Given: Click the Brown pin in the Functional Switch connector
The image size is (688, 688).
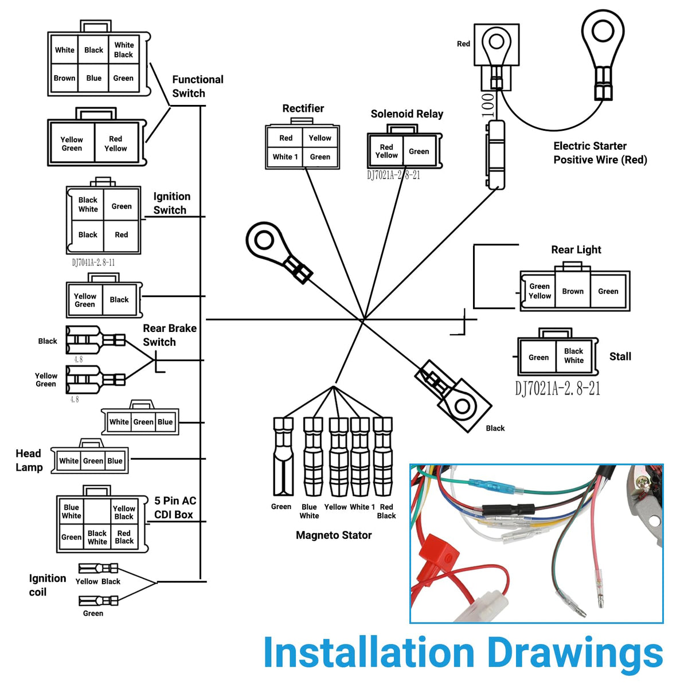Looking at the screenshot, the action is click(64, 78).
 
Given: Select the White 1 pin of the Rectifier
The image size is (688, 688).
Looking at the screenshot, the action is click(285, 157).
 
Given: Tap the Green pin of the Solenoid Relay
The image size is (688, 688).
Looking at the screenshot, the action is click(419, 151).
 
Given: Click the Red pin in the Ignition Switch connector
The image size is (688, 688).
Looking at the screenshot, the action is click(122, 235).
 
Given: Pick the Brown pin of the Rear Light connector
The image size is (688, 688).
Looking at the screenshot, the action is click(572, 291).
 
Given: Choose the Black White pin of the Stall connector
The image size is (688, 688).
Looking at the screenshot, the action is click(573, 356).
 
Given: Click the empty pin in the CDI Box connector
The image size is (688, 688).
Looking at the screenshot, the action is click(97, 511).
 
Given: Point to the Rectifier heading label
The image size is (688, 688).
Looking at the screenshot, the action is click(303, 108).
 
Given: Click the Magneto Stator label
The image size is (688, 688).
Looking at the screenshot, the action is click(334, 535).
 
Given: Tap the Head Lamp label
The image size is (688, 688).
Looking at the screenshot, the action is click(29, 460).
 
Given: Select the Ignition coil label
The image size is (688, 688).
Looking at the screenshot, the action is click(48, 585).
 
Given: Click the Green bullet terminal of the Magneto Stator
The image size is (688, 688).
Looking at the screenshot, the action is click(283, 456).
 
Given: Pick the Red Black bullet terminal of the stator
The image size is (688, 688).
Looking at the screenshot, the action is click(382, 456).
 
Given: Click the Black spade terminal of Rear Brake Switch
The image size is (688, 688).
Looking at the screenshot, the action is click(96, 340).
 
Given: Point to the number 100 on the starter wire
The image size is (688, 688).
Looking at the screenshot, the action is click(488, 105).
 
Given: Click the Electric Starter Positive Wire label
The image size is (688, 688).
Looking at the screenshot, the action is click(600, 153).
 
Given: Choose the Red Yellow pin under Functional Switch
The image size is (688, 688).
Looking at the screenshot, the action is click(116, 143).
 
